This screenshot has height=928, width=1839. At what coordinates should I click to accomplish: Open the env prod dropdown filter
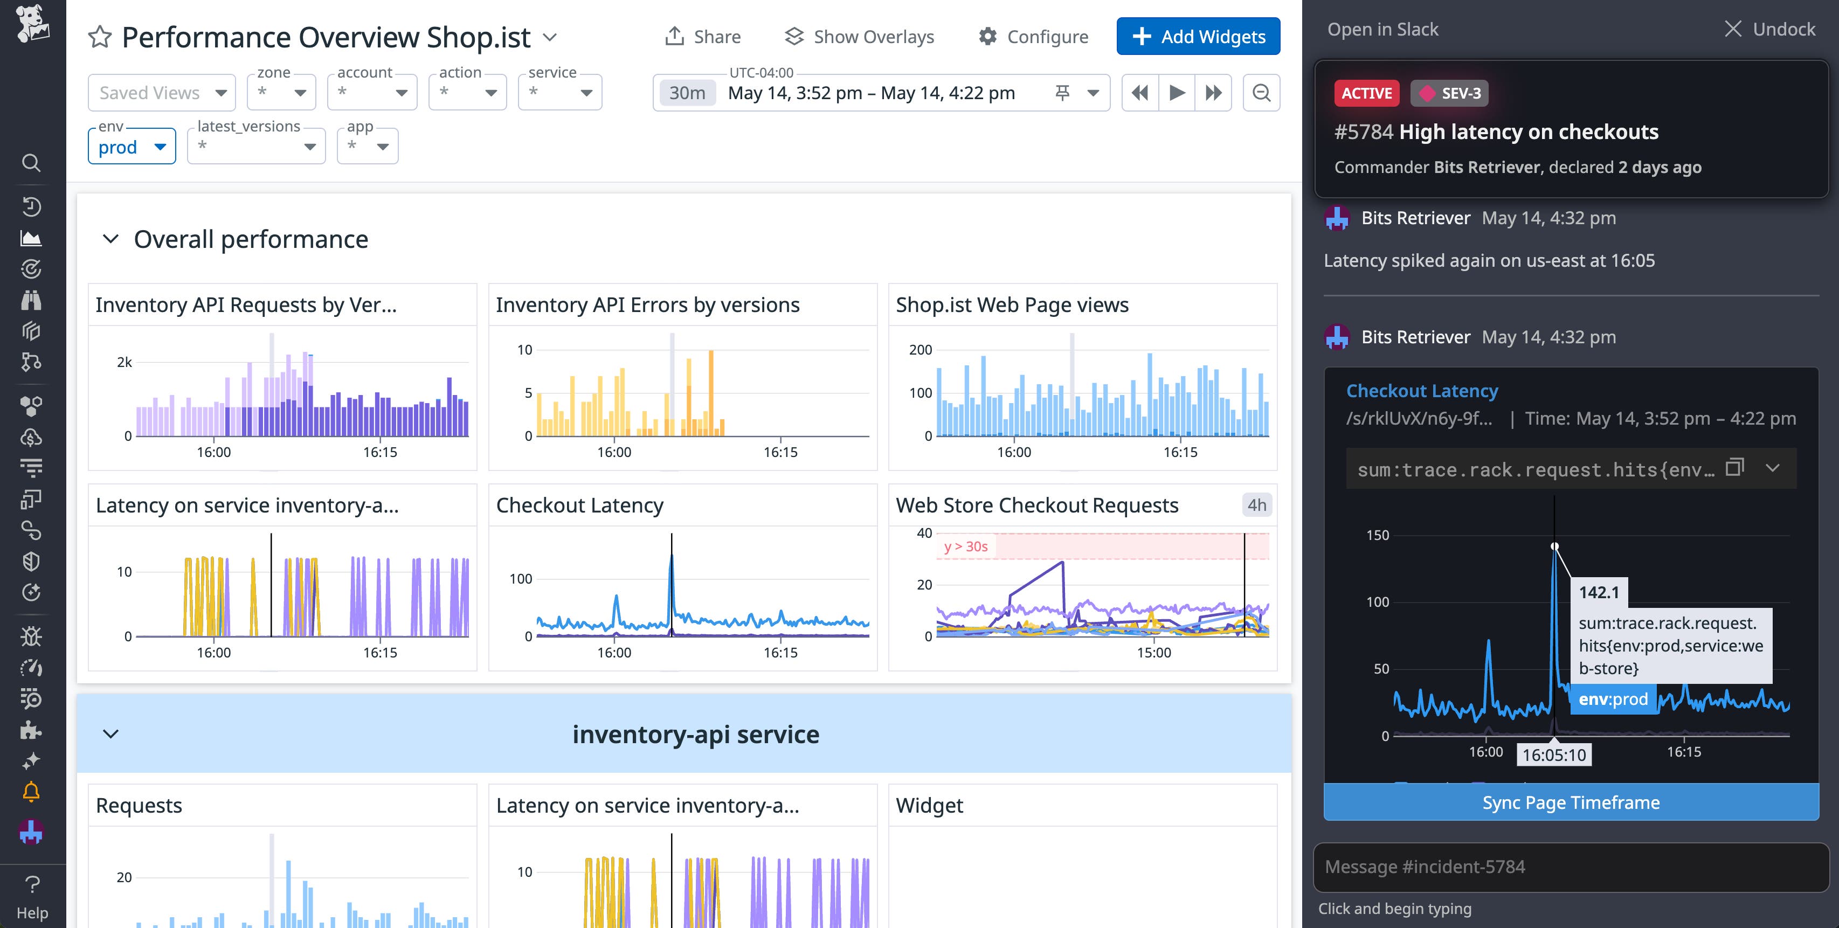[132, 147]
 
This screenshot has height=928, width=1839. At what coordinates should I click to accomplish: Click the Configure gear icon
[987, 37]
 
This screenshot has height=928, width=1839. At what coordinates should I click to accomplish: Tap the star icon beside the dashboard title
[100, 37]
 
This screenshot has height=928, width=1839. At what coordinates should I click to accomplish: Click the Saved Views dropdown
[161, 93]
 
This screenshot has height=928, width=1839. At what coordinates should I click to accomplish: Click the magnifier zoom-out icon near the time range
[1261, 93]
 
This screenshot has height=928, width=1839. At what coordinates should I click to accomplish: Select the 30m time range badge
[686, 93]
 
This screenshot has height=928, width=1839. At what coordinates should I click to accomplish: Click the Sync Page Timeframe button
[1571, 802]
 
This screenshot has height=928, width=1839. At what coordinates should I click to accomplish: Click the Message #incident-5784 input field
[1571, 867]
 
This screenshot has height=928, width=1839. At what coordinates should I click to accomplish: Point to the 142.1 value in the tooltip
[1599, 592]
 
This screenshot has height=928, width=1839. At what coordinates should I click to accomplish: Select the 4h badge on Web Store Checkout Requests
[1256, 505]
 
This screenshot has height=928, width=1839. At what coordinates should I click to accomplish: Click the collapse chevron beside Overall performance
[110, 239]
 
